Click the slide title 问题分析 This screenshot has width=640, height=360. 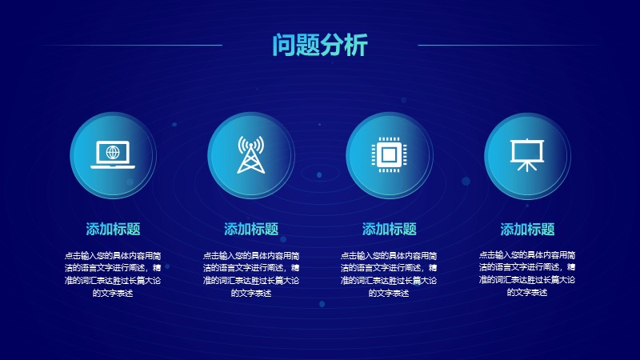(320, 45)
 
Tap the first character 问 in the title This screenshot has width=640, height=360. (284, 45)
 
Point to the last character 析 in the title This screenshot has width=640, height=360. (356, 45)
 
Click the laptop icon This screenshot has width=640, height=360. (113, 154)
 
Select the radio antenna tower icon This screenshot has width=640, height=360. (251, 154)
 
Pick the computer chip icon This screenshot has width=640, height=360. (389, 154)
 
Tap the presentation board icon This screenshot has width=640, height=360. (527, 155)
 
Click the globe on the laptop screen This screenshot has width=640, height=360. (113, 152)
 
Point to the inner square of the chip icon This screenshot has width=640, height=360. (389, 154)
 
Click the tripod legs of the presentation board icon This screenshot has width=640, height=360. (527, 166)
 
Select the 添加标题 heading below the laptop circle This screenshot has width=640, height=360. (113, 229)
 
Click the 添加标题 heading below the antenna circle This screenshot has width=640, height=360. (251, 229)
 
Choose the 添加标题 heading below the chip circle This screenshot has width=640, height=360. (389, 229)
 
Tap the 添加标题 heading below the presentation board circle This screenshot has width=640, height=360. (527, 230)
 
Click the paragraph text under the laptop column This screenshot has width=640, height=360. (113, 274)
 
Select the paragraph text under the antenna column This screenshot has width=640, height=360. (251, 274)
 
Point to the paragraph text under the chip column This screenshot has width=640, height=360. (389, 274)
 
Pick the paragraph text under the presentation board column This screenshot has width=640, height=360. (527, 274)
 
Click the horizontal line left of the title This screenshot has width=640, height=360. (131, 45)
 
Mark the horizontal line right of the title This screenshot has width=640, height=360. (509, 45)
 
